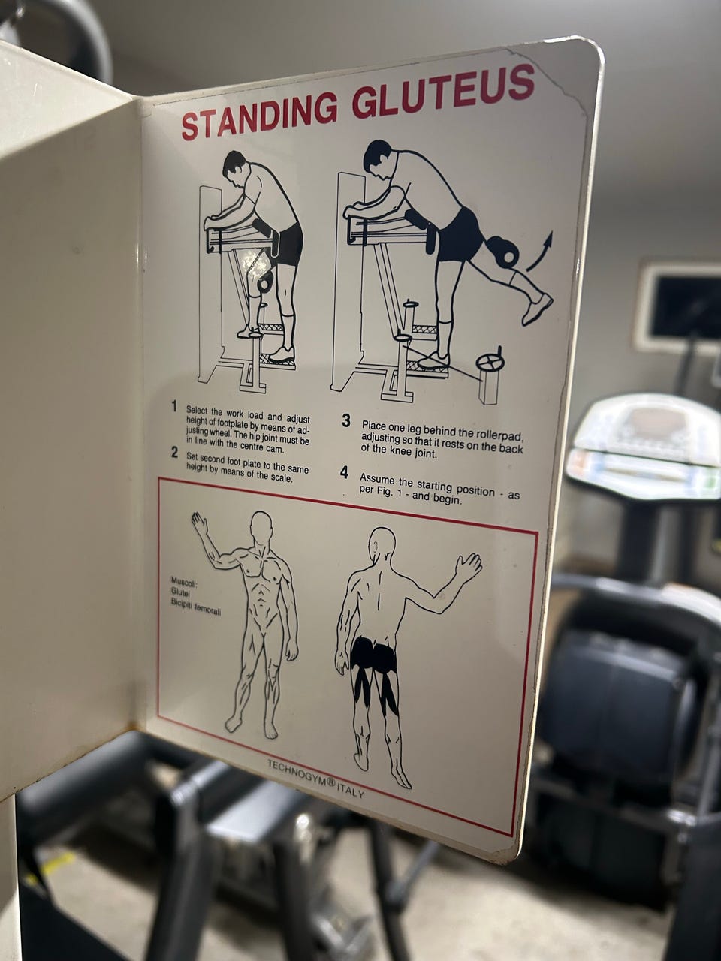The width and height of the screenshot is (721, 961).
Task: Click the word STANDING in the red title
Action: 260,114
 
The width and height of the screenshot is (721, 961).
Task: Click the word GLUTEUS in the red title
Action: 444,91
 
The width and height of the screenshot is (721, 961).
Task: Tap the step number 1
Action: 174,407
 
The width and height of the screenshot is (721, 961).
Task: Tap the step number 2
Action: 175,453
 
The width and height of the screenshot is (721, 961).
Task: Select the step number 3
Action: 346,421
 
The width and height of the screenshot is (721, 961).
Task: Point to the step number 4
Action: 345,473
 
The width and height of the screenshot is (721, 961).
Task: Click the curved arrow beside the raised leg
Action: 540,251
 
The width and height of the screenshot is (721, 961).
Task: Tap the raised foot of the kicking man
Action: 537,309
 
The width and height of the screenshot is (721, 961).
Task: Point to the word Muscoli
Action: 184,582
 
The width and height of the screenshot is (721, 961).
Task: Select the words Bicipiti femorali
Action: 195,606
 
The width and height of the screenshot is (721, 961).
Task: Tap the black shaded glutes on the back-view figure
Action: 374,655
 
